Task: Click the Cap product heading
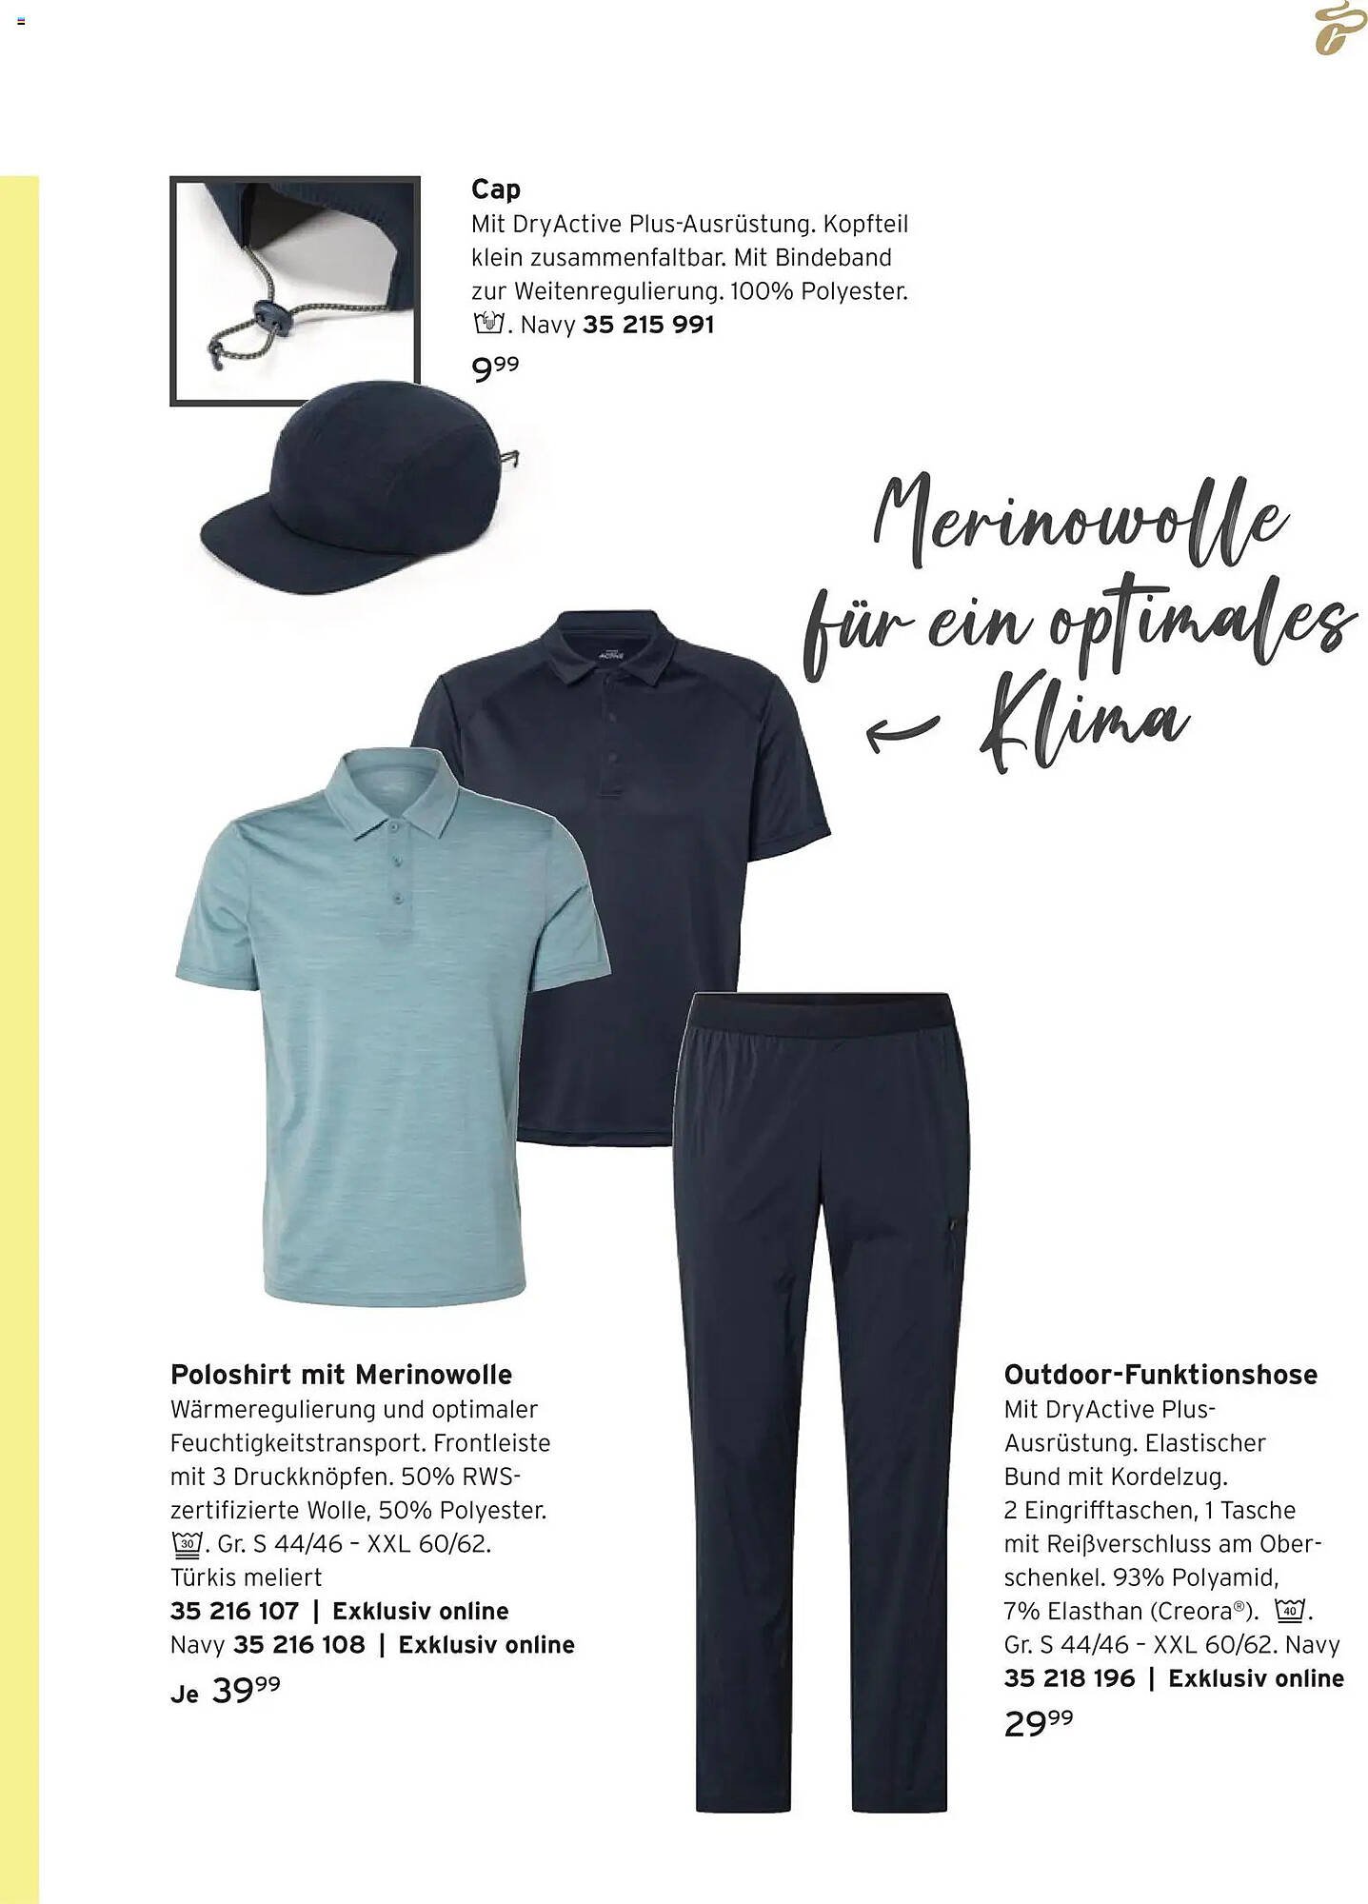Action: point(495,189)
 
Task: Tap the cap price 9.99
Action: point(495,367)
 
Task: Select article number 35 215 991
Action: point(647,325)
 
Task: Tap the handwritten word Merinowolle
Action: point(1081,522)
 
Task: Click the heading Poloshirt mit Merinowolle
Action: point(341,1375)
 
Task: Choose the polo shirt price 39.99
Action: point(245,1691)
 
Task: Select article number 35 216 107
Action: point(234,1611)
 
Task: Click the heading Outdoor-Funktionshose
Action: point(1160,1375)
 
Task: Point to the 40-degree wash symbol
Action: point(1290,1611)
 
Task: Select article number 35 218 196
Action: point(1069,1677)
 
